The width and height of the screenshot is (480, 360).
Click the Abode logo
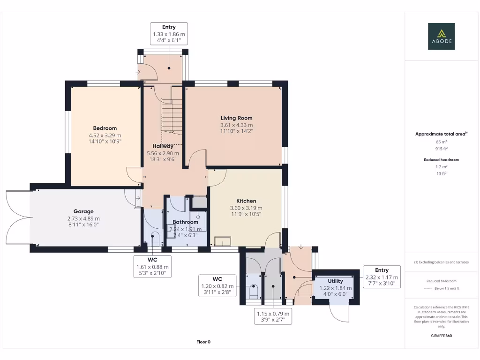441,37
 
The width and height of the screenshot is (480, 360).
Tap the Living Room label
237,118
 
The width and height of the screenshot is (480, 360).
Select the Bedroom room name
105,128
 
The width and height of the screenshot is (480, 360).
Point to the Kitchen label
246,201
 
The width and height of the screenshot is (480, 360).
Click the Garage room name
83,211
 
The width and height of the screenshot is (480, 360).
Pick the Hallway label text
163,146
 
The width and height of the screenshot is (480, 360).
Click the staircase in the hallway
172,116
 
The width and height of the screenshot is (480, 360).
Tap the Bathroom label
186,222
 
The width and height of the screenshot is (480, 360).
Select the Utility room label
335,281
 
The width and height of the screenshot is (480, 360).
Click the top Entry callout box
169,34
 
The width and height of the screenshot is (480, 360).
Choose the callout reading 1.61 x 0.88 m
153,267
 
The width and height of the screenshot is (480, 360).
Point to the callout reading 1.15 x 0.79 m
273,316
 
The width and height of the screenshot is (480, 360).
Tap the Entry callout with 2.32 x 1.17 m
382,277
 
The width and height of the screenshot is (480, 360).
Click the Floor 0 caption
203,342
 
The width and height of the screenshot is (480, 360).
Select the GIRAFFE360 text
441,336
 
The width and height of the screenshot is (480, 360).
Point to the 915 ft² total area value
441,149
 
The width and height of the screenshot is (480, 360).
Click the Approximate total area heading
441,134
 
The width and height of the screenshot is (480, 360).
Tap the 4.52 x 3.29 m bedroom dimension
105,135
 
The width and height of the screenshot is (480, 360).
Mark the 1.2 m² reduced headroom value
441,166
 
